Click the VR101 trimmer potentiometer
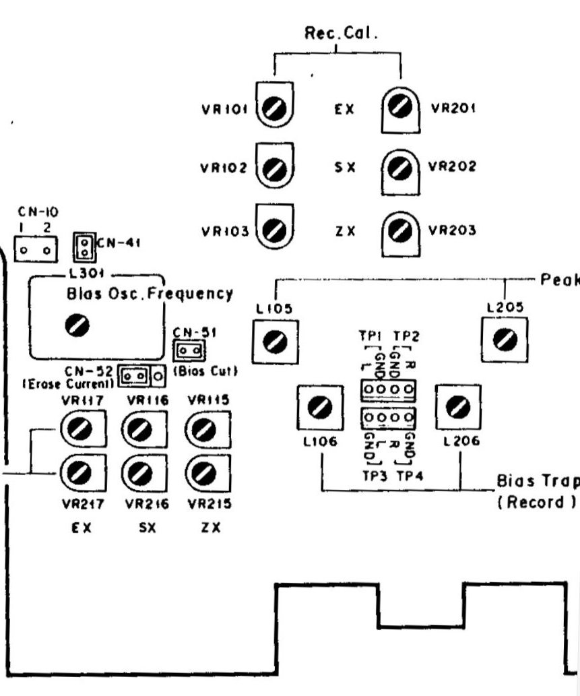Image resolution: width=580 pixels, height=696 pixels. pos(275,108)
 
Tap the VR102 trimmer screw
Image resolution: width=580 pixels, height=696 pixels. pos(275,168)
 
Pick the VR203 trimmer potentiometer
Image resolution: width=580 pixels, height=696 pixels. pos(401,230)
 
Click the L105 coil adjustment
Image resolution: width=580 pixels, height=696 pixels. pos(275,341)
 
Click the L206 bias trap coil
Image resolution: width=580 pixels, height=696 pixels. pos(458,407)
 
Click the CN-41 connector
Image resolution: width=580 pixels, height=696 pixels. pos(83,247)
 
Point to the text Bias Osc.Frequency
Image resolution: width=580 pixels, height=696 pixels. pos(150,294)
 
